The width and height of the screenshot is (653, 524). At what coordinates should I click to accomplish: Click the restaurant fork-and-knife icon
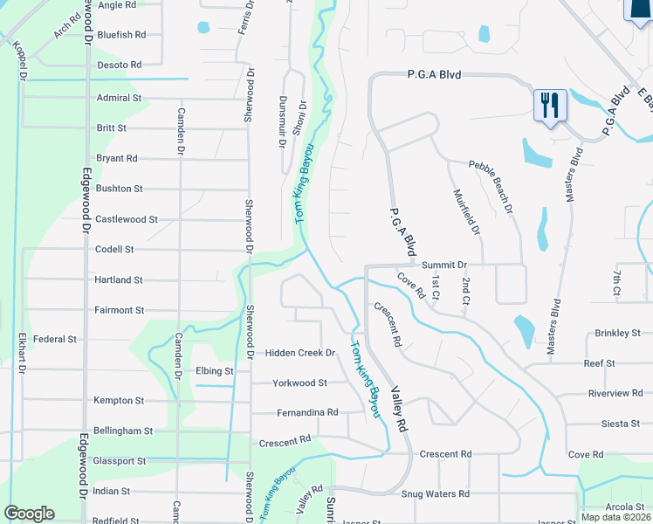[550, 106]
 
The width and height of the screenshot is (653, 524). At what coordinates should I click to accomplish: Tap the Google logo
[30, 514]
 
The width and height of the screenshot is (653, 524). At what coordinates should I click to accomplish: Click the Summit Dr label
[444, 265]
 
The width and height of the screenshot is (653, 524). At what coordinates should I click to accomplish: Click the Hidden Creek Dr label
[300, 353]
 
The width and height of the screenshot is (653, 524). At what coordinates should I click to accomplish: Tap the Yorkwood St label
[299, 383]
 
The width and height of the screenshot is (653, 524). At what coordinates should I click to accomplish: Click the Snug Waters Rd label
[435, 493]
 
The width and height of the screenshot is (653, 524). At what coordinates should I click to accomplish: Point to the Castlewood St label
[127, 219]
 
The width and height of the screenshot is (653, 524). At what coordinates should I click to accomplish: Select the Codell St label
[114, 249]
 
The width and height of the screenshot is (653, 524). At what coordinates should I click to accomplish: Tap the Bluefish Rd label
[121, 35]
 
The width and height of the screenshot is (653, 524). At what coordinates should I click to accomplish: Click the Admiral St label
[119, 98]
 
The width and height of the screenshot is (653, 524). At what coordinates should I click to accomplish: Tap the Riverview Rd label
[615, 393]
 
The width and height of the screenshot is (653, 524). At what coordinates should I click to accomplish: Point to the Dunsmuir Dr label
[282, 121]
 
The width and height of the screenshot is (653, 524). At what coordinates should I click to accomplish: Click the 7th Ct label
[615, 281]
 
